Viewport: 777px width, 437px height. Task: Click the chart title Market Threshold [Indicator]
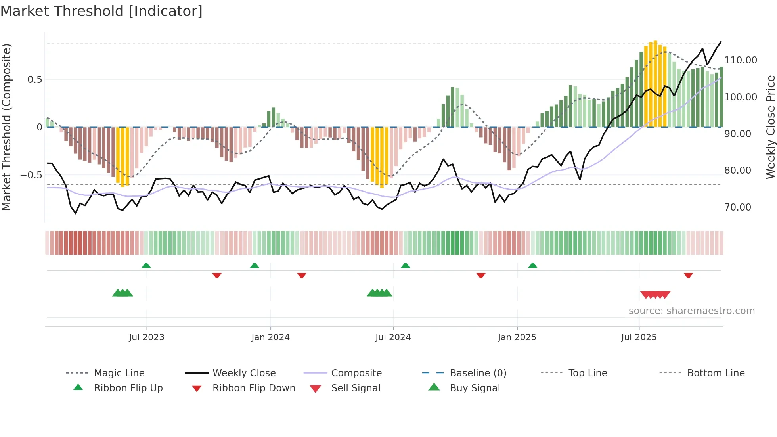[101, 11]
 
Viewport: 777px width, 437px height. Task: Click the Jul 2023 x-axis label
[146, 337]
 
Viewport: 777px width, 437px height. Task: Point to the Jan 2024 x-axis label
[270, 337]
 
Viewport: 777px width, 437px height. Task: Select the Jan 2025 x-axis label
[517, 337]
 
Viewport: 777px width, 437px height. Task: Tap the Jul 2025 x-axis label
[639, 337]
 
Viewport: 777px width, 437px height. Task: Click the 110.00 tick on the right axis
[740, 60]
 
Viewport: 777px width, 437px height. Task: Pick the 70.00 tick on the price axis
[737, 207]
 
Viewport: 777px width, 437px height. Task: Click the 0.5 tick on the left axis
[34, 80]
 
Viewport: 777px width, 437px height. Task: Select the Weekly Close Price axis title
[770, 127]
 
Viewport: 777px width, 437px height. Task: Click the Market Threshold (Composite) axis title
[6, 127]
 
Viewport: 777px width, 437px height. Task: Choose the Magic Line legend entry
[119, 373]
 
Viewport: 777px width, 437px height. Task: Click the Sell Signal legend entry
[355, 388]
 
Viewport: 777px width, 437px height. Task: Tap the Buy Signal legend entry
[475, 388]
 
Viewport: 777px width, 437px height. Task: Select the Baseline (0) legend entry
[478, 373]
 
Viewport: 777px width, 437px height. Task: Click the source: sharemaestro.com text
[691, 311]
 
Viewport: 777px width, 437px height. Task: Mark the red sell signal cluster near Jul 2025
[655, 295]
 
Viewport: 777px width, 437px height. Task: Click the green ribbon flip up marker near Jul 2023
[146, 266]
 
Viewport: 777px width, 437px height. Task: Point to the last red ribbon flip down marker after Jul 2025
[688, 275]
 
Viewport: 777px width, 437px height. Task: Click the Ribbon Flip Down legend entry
[254, 388]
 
